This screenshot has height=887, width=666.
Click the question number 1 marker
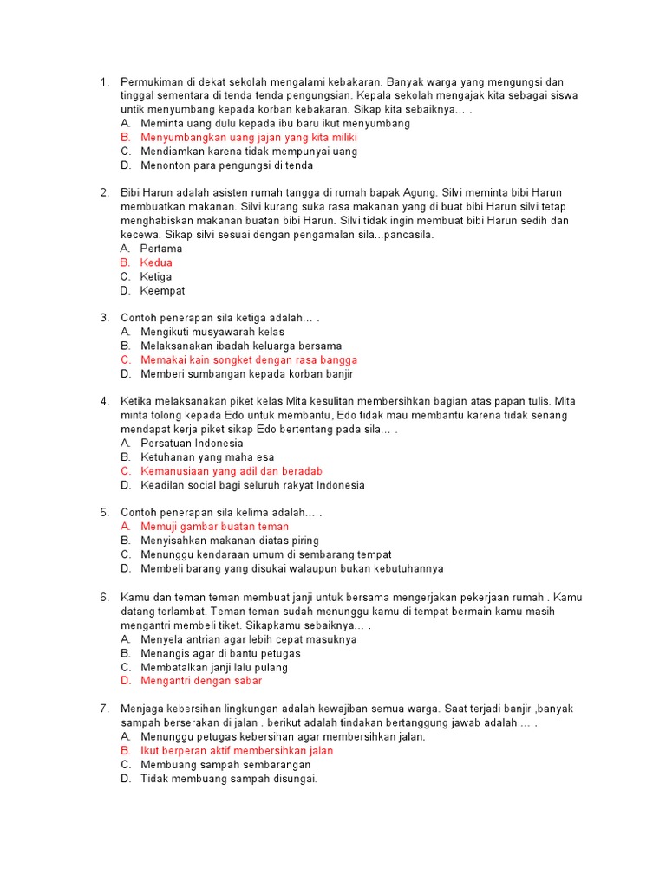(104, 81)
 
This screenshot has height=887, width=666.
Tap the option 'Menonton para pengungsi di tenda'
(226, 165)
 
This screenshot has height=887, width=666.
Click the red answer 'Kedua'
(156, 262)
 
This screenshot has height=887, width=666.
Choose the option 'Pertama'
(161, 249)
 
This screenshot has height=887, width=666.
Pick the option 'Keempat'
(162, 291)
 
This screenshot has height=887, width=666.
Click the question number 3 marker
(104, 318)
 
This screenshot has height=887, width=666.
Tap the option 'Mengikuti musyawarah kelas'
(212, 332)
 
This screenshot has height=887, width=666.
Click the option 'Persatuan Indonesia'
(192, 443)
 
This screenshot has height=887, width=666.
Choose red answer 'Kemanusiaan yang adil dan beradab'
(231, 471)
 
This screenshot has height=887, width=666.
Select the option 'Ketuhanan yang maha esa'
(206, 457)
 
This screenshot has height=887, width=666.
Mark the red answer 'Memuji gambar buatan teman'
(214, 527)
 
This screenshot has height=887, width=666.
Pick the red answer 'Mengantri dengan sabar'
(200, 681)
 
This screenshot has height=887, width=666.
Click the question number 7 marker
(104, 709)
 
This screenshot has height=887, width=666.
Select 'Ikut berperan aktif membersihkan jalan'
(236, 751)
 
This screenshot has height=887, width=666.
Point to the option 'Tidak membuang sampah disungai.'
(229, 779)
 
